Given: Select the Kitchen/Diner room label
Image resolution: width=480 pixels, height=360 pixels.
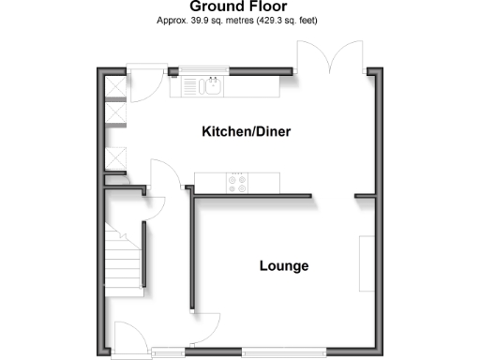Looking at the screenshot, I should click(246, 132).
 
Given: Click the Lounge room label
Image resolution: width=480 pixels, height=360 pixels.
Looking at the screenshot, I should click(284, 266).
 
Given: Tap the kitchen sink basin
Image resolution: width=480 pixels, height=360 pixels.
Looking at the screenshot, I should click(213, 87).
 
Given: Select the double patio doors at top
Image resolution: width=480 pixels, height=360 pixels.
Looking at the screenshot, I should click(328, 56).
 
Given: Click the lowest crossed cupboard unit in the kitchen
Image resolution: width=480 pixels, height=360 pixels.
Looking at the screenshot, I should click(117, 158).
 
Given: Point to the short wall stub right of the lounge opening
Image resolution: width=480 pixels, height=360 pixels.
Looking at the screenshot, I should click(365, 196).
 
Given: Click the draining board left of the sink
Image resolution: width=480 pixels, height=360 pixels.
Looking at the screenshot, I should click(189, 87).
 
